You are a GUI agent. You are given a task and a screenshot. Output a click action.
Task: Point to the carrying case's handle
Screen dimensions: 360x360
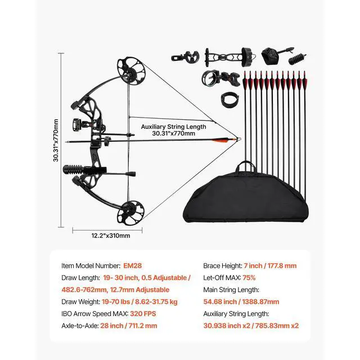[x=246, y=166]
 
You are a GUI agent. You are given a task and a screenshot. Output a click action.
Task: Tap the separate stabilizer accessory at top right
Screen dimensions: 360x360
[x=295, y=58]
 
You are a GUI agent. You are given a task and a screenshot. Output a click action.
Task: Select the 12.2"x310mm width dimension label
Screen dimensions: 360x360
[x=110, y=235]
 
